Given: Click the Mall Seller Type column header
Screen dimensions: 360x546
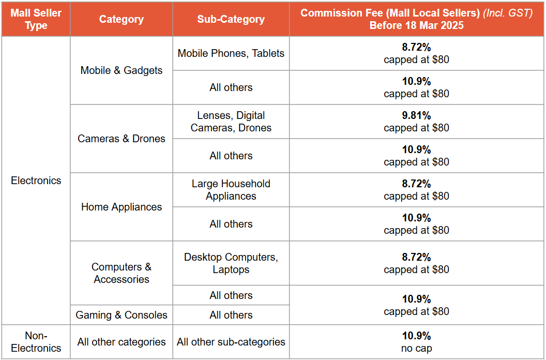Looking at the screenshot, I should [x=36, y=19].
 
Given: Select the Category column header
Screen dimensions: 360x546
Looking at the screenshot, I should [x=122, y=19].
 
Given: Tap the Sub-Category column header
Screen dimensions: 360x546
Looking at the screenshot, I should [x=231, y=19].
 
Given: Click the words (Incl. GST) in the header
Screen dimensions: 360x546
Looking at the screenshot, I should [x=508, y=13].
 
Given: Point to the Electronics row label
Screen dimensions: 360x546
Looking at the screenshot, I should [x=36, y=181].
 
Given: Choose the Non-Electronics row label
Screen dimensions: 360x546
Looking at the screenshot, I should [x=36, y=342].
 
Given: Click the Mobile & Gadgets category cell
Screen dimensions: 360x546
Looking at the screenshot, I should [x=122, y=70].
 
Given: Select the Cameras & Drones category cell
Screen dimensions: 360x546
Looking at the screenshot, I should [x=122, y=139].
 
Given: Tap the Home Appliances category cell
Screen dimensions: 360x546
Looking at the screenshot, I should [x=122, y=207].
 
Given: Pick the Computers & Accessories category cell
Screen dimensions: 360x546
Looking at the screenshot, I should [x=122, y=273].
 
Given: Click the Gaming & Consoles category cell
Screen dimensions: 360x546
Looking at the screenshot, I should [x=122, y=315].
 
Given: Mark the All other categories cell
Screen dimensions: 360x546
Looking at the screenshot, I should [x=122, y=342].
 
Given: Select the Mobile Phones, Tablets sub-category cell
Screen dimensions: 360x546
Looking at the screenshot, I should [x=231, y=53].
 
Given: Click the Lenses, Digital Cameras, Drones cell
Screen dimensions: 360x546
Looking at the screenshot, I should [x=231, y=122].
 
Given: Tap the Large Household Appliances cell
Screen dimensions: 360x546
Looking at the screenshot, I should [x=231, y=190].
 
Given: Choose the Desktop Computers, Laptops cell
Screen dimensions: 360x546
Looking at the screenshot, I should [x=231, y=263].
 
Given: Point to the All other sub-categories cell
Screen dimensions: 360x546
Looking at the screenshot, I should [x=231, y=342].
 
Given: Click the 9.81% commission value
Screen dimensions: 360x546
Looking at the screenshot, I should [x=416, y=115].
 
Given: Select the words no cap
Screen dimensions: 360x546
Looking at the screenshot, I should [x=416, y=349].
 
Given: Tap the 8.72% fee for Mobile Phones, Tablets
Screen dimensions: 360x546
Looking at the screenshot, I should [x=416, y=47].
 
